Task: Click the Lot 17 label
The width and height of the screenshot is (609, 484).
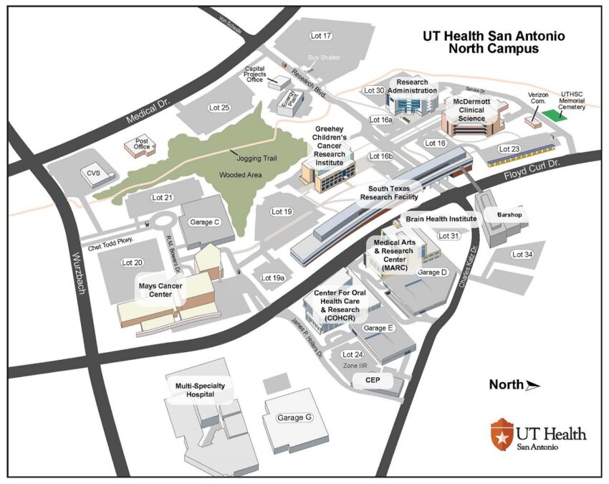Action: click(x=322, y=36)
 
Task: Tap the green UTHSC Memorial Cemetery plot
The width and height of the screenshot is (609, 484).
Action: click(x=552, y=114)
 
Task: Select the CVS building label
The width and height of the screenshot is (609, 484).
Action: click(x=94, y=173)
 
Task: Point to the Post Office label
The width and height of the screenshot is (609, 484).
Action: click(x=142, y=143)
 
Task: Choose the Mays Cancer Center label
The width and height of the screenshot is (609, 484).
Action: click(x=160, y=289)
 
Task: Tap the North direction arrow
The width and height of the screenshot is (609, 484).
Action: click(x=532, y=385)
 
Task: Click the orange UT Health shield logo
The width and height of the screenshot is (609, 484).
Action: click(x=501, y=432)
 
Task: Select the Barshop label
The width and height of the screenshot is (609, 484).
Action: click(x=501, y=214)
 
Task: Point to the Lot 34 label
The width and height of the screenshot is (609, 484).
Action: click(x=522, y=254)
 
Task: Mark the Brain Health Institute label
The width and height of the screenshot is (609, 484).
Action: click(x=441, y=218)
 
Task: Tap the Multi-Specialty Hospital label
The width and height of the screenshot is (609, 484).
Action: click(x=196, y=389)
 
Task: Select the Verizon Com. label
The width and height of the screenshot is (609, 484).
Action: click(x=542, y=99)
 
